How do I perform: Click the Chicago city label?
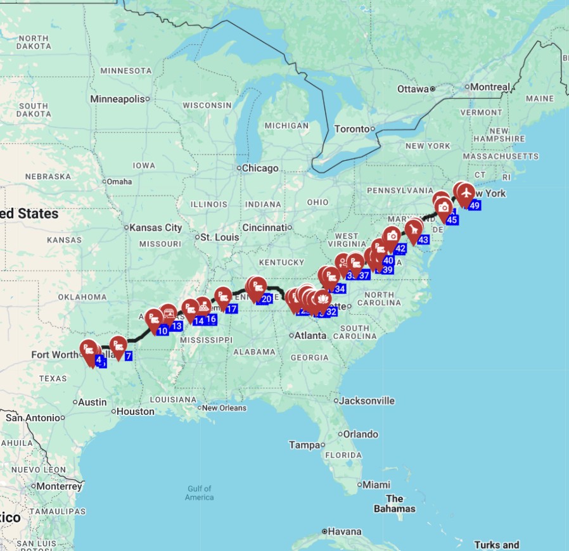(x=260, y=168)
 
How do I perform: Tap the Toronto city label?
(x=351, y=129)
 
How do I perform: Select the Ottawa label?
(x=413, y=89)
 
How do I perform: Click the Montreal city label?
(x=490, y=87)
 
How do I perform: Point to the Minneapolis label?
(x=117, y=99)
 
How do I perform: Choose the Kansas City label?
(x=155, y=227)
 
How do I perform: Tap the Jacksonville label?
(x=367, y=401)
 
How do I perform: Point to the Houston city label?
(x=136, y=412)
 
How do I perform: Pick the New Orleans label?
(x=224, y=408)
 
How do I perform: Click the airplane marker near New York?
(x=466, y=191)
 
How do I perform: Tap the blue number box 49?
(x=475, y=205)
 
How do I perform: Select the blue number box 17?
(x=231, y=308)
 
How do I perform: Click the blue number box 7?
(x=128, y=356)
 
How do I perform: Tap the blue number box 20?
(x=266, y=299)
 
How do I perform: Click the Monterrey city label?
(x=59, y=486)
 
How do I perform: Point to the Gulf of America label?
(x=199, y=493)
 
